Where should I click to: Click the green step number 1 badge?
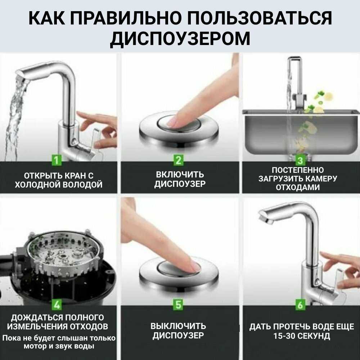point(57,160)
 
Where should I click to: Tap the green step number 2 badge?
point(179,160)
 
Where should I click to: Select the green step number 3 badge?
point(300,160)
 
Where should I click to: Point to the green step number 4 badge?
point(57,305)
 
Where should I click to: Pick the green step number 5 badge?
point(179,305)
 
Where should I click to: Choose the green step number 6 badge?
point(300,305)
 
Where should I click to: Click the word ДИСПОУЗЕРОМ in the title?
point(180,38)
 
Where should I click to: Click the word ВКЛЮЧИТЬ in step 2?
point(180,175)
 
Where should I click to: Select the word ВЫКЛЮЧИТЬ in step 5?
point(178,327)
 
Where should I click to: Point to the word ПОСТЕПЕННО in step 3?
point(298,170)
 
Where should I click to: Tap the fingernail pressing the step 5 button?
point(194,267)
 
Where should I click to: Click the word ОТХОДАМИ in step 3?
point(298,188)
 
